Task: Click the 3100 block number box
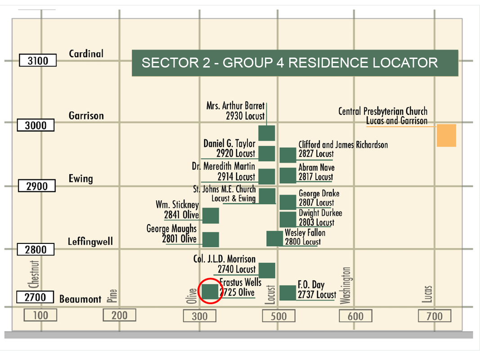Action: point(38,60)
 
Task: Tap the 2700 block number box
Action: point(35,297)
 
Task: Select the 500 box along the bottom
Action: point(278,316)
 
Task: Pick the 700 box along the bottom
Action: point(435,316)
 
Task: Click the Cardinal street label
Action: point(86,54)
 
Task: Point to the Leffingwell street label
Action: point(90,242)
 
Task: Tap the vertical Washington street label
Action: point(345,285)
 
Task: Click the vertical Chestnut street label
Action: point(34,274)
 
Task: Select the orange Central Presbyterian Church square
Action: point(446,135)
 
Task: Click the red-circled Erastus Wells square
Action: point(210,291)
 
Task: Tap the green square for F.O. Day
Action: point(288,292)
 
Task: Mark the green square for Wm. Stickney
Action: point(211,216)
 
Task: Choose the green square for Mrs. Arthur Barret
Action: point(267,133)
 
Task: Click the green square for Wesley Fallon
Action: point(274,238)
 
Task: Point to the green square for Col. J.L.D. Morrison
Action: point(267,270)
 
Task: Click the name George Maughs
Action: point(171,228)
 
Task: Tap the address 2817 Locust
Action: point(316,177)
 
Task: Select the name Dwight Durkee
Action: point(320,213)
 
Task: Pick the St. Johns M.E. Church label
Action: point(224,193)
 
